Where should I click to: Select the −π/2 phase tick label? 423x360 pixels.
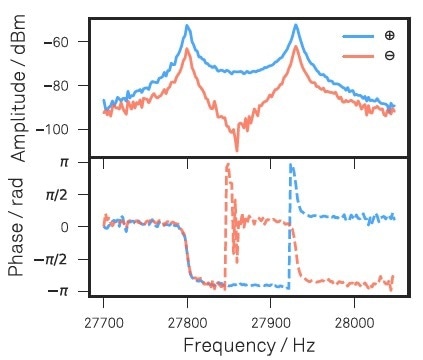(61, 259)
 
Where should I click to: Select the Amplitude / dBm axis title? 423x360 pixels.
(20, 90)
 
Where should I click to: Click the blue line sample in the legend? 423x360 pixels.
(359, 35)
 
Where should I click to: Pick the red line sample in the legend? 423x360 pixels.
(359, 55)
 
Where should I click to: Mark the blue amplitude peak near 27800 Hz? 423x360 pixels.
(187, 27)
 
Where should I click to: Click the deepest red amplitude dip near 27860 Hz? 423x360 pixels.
(237, 149)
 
